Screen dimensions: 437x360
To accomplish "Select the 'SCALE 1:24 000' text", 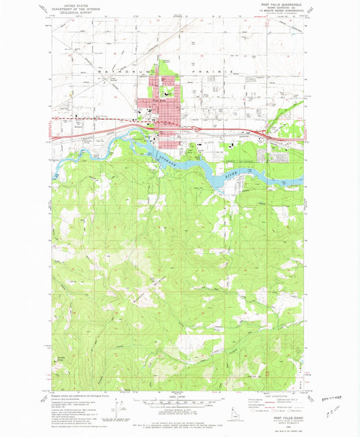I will pos(180,396).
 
